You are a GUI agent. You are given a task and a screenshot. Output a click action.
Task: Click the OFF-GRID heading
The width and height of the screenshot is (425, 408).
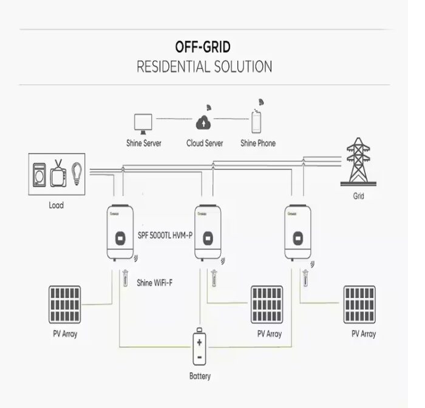click(203, 47)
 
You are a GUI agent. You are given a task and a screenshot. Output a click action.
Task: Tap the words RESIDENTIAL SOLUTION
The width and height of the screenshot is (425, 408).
click(204, 66)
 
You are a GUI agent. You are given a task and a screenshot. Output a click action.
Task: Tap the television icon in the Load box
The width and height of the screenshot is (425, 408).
click(59, 173)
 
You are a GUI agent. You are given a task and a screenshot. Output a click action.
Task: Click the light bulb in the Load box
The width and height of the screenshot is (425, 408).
click(77, 172)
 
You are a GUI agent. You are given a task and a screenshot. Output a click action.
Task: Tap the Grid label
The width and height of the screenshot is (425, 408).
click(359, 197)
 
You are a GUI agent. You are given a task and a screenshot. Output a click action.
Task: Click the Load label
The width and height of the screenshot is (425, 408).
click(56, 205)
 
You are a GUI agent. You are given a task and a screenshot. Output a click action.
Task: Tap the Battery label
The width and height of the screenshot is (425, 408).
click(200, 376)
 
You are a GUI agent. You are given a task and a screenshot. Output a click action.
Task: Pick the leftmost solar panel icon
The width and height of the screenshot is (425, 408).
click(65, 304)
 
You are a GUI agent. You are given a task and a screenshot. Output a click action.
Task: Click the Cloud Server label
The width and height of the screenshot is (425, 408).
click(205, 144)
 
